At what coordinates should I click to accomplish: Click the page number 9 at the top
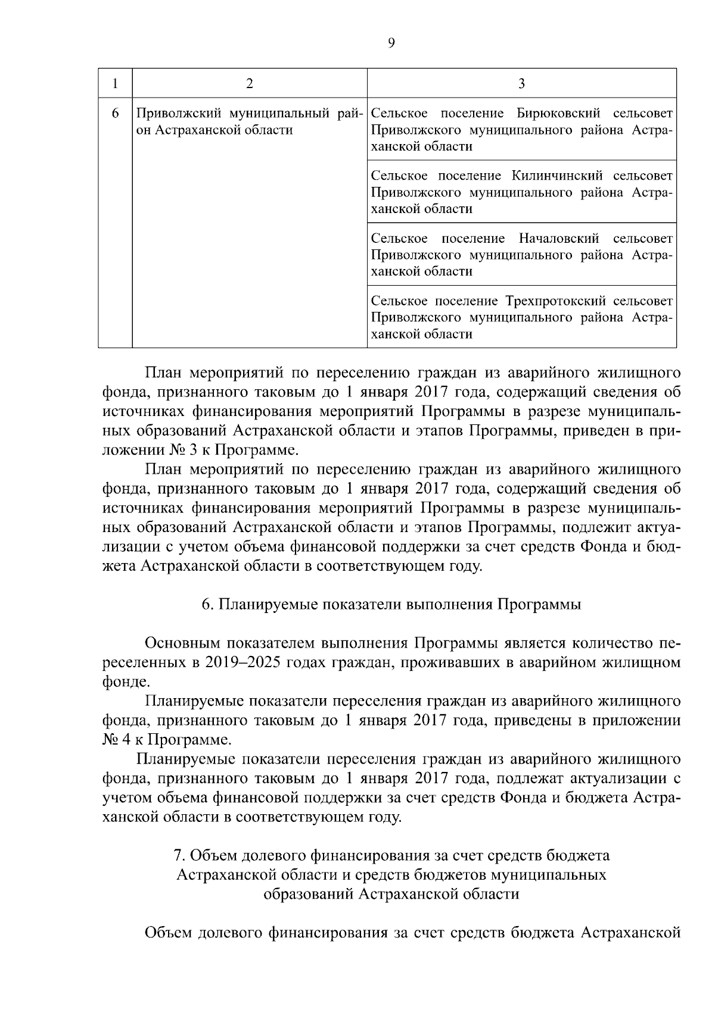(391, 42)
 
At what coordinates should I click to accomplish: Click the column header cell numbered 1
(114, 83)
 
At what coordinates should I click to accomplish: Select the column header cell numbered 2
(249, 83)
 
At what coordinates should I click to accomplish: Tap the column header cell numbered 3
(521, 83)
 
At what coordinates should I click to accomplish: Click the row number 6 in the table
(115, 113)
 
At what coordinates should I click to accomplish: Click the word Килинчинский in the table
(558, 176)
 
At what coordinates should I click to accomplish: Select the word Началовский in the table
(558, 238)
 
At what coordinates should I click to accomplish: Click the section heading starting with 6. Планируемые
(391, 605)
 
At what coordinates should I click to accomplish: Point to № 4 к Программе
(166, 740)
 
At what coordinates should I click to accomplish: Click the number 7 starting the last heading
(177, 855)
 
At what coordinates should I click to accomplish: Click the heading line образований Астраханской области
(391, 893)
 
